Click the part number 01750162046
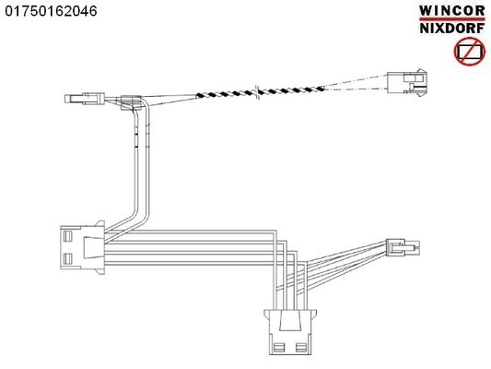[51, 11]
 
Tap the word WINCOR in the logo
[452, 11]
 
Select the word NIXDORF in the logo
[452, 29]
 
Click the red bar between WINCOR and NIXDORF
[452, 19]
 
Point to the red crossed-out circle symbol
[470, 52]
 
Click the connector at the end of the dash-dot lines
[407, 83]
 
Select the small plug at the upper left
[85, 99]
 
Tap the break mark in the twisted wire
[257, 91]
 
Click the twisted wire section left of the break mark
[226, 94]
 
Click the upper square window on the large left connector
[67, 236]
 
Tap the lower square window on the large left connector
[67, 258]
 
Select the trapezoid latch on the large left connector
[94, 247]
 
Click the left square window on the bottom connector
[278, 347]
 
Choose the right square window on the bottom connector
[301, 347]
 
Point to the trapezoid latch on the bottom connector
[289, 320]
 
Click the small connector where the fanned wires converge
[403, 246]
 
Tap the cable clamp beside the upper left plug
[131, 102]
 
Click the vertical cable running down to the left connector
[142, 163]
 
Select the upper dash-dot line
[356, 81]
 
